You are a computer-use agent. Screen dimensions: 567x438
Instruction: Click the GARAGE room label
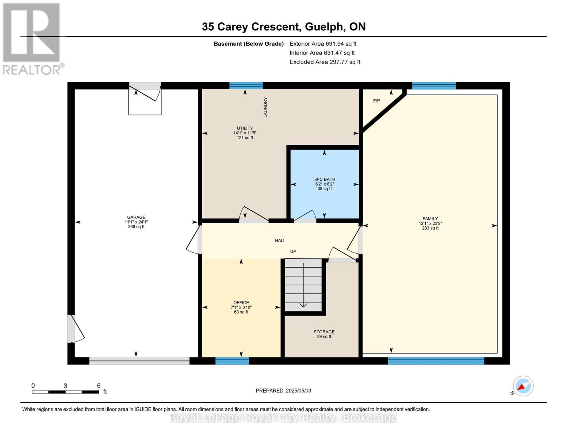point(136,217)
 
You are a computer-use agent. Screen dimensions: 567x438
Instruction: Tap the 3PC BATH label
point(325,179)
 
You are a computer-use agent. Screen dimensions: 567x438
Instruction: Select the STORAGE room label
point(324,332)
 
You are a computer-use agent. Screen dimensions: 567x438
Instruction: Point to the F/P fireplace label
point(376,101)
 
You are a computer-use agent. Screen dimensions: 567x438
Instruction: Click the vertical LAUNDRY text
point(265,107)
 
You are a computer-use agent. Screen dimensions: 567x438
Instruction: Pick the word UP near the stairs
point(293,251)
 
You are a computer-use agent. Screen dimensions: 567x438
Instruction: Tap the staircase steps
point(303,285)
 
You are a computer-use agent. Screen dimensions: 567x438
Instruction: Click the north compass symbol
point(523,386)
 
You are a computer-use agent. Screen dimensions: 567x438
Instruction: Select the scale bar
point(65,392)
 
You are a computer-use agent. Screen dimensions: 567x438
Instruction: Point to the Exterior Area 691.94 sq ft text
point(323,43)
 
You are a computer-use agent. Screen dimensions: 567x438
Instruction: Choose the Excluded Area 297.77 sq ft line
point(325,62)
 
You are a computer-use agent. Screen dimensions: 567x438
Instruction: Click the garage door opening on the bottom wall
point(139,361)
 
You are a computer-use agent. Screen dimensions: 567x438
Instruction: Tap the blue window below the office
point(232,361)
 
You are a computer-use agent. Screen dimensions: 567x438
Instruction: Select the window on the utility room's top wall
point(246,85)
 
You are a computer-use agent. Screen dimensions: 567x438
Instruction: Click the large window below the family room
point(436,361)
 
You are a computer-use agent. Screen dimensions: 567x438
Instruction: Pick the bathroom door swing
point(304,216)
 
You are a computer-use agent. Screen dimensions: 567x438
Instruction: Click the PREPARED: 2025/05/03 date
point(283,391)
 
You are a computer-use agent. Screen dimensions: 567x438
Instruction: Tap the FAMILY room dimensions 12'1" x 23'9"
point(430,223)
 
